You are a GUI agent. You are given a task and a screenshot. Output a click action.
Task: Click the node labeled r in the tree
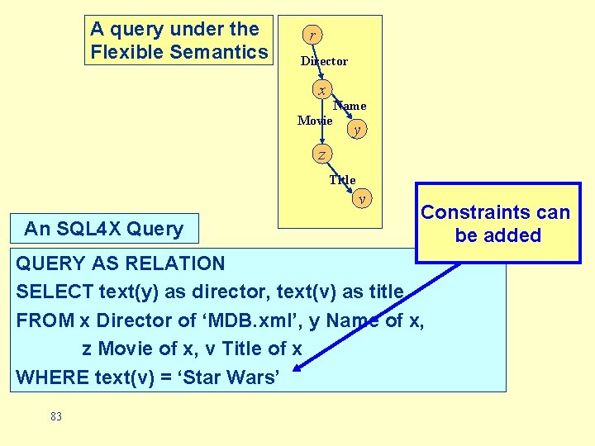click(312, 36)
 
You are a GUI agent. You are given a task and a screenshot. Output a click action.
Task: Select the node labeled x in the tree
click(321, 90)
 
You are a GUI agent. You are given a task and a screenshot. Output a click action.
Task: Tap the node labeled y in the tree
click(356, 130)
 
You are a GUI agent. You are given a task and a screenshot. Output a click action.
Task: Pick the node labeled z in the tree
click(321, 154)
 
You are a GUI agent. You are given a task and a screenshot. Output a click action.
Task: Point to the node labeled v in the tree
click(362, 198)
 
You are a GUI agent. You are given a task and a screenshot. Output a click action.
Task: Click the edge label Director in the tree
click(324, 61)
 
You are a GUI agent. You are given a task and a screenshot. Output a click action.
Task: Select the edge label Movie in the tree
click(314, 121)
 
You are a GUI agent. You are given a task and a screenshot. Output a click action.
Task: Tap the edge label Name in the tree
click(350, 106)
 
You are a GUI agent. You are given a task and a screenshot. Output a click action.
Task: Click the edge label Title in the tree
click(342, 180)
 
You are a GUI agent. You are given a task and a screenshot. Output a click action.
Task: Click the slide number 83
click(56, 417)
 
